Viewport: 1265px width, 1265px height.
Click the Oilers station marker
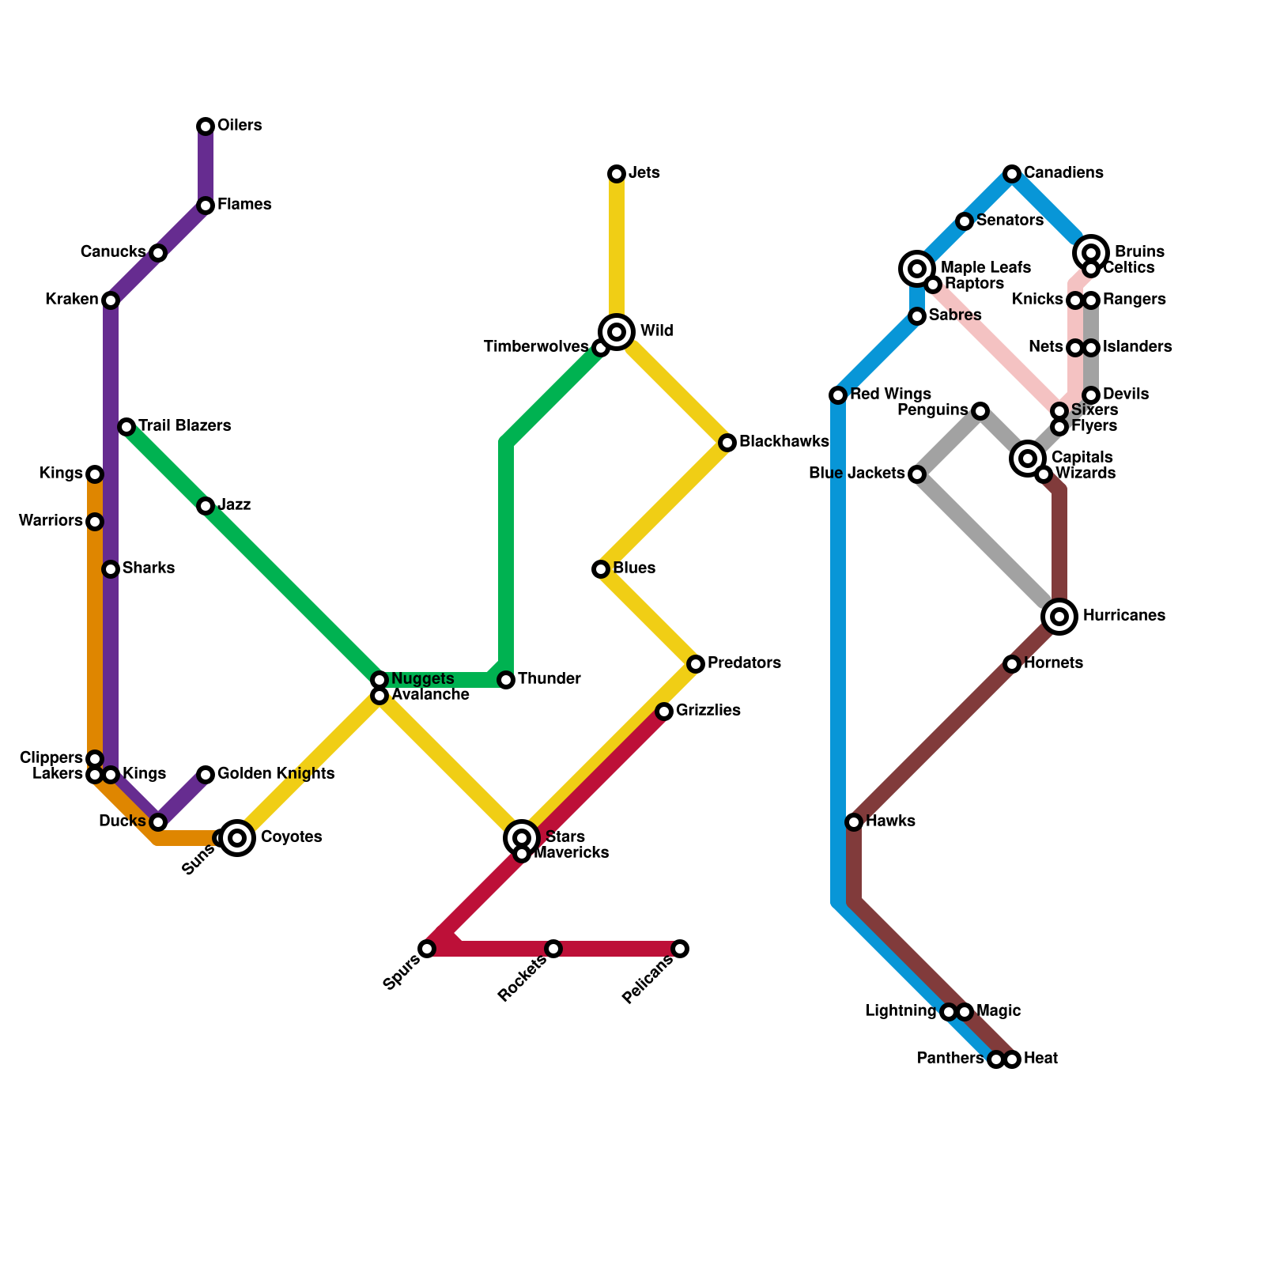coord(206,126)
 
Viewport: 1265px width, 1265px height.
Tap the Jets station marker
coord(617,174)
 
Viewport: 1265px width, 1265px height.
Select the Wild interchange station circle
coord(617,332)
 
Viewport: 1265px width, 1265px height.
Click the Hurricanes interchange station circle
coord(1059,617)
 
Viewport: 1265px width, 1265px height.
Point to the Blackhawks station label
coord(784,442)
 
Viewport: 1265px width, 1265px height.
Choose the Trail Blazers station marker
coord(126,427)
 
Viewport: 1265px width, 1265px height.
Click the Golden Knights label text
coord(275,774)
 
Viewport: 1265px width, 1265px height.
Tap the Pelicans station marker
coord(680,949)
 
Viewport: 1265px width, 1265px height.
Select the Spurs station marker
coord(427,949)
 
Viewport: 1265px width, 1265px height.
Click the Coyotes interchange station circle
coord(237,838)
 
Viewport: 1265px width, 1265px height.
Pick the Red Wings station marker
coord(838,395)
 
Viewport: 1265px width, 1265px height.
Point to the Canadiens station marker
coord(1012,174)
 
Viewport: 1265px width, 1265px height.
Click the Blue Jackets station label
coord(856,474)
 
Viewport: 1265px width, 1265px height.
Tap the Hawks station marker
coord(854,822)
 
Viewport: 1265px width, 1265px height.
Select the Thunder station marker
coord(506,680)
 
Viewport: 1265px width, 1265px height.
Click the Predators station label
coord(744,663)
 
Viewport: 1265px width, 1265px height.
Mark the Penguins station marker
coord(980,411)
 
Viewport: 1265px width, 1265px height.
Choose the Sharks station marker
coord(111,569)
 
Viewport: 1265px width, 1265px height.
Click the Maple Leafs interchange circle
coord(917,269)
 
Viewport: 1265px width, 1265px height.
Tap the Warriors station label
coord(51,521)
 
